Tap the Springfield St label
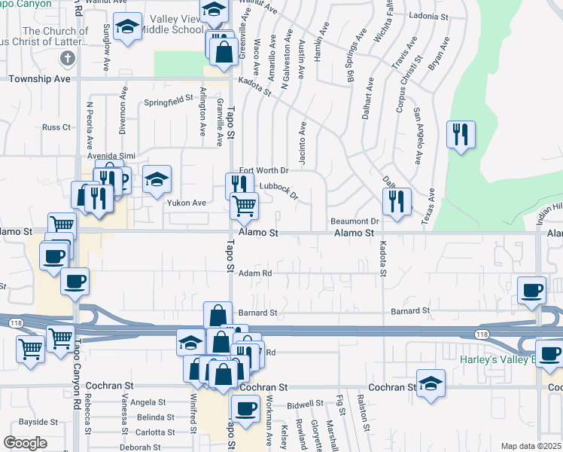pos(169,100)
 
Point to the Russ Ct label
pos(56,127)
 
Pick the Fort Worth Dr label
pos(264,171)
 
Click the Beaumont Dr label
pos(354,221)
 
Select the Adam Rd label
pos(254,273)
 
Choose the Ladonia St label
pos(429,16)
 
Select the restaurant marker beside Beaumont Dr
pos(396,202)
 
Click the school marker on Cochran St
pos(431,385)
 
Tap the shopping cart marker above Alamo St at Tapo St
pos(244,205)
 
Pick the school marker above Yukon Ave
pos(157,180)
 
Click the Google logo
pos(25,443)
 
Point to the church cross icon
pos(68,59)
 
